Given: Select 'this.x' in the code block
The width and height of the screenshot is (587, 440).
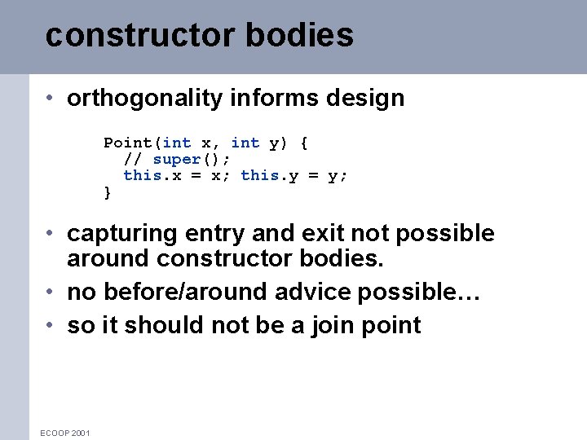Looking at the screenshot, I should click(152, 175).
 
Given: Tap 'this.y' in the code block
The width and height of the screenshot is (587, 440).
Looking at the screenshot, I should click(270, 175).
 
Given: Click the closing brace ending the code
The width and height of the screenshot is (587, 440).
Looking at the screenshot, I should click(108, 192).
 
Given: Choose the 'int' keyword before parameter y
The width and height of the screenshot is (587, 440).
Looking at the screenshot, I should click(245, 143).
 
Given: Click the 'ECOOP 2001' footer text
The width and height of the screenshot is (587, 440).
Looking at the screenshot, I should click(65, 433).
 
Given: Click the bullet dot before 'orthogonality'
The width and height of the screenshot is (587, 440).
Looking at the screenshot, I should click(51, 99).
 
